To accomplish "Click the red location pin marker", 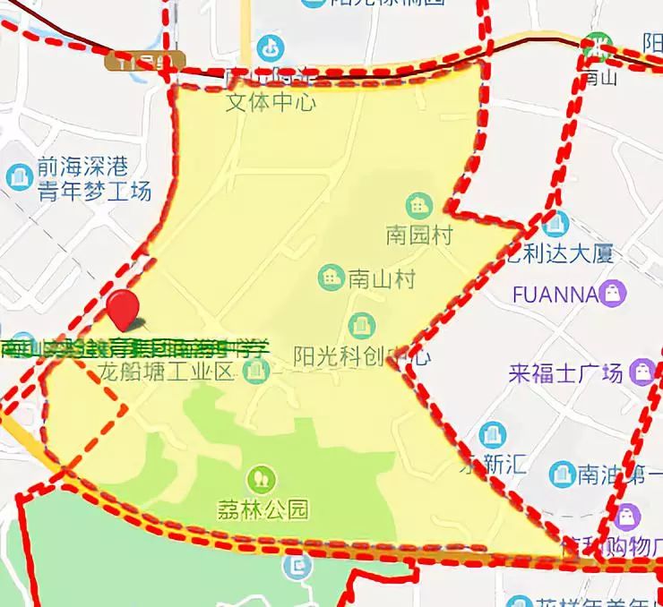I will (123, 309).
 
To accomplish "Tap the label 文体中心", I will (271, 102).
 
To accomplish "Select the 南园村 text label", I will (419, 235).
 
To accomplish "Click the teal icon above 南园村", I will (418, 206).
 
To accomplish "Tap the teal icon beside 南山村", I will (331, 278).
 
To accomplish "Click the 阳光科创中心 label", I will (362, 356).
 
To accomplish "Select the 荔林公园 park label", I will (263, 510).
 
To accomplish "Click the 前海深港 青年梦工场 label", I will (94, 178).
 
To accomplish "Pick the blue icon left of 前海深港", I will (19, 176).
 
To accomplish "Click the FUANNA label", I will (555, 294).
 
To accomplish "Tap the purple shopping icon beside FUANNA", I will (614, 293).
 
